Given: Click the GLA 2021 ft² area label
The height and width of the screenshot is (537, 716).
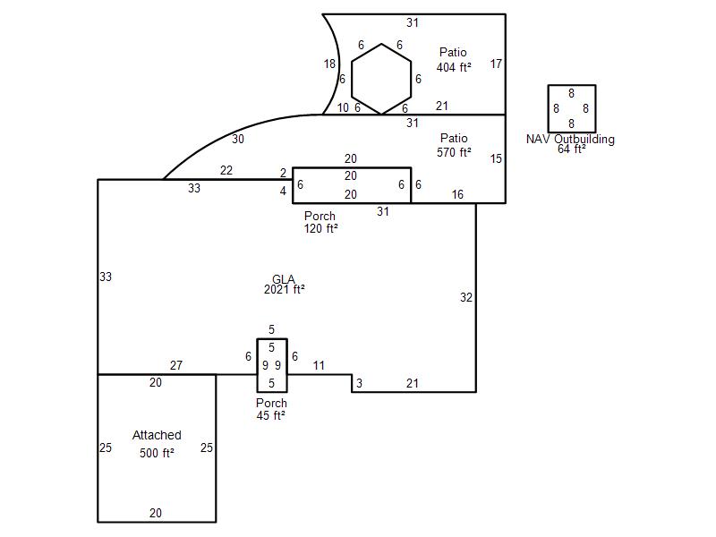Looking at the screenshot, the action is [x=284, y=285].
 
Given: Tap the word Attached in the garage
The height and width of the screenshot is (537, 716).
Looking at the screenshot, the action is [x=157, y=435].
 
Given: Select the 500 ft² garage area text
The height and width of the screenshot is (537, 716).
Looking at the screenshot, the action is [x=157, y=453].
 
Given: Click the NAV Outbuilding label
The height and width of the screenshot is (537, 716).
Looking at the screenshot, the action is [x=570, y=140].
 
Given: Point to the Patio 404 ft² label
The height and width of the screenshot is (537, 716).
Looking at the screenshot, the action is [x=454, y=60].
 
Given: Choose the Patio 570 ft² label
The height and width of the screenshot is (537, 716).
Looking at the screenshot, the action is [x=454, y=145].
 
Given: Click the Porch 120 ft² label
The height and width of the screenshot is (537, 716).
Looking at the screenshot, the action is [x=320, y=222].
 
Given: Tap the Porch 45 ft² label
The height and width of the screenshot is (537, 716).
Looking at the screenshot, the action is [x=271, y=409].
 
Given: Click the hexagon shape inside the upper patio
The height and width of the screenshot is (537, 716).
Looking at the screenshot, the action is [x=381, y=44].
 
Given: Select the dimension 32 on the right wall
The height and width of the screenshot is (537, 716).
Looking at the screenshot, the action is [x=466, y=298].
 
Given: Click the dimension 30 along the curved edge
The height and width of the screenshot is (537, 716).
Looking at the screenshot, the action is [x=238, y=140].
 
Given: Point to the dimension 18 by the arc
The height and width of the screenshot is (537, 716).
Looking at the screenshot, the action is [x=329, y=64].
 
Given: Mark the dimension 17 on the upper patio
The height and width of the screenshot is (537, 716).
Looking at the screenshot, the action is [x=497, y=64].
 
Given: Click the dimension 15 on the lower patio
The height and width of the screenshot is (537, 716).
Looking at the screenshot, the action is [x=497, y=159].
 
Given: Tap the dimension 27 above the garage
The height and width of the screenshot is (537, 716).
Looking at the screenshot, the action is [x=176, y=365].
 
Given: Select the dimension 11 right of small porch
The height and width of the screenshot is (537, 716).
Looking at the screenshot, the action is [x=319, y=365].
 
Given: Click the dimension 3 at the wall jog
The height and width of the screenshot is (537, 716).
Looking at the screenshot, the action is [x=360, y=384].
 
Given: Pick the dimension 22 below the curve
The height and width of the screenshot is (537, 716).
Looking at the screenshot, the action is [x=226, y=170].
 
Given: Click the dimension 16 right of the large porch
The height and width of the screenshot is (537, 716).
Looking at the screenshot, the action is [x=457, y=195].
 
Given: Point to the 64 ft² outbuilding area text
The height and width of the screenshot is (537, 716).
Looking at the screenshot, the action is [x=572, y=149].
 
